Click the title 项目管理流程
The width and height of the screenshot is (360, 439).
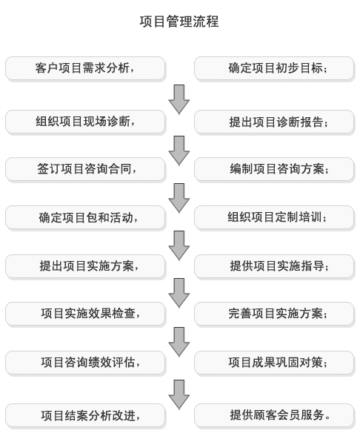(x=179, y=22)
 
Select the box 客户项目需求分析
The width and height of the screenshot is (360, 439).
(x=85, y=68)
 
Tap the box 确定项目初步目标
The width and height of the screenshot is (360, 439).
(x=274, y=68)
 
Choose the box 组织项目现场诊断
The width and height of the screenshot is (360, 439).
(x=85, y=122)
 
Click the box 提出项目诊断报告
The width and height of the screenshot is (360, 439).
(x=274, y=122)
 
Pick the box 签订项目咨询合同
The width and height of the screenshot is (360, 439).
(x=85, y=169)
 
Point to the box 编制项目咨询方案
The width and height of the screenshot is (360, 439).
(x=274, y=169)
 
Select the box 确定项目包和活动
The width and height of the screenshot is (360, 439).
(x=85, y=218)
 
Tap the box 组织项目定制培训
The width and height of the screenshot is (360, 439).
(x=274, y=218)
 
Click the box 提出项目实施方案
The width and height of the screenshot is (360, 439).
(x=85, y=266)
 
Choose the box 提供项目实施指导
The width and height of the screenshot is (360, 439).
(x=274, y=266)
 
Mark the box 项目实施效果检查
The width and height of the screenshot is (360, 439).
(x=85, y=314)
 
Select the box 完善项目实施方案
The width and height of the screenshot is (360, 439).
(x=274, y=314)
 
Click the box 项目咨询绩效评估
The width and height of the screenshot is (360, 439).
(x=85, y=363)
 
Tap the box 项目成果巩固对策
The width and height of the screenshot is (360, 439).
(x=274, y=363)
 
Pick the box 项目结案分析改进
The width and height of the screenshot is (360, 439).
(x=85, y=415)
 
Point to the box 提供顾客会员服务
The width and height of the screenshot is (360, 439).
(x=274, y=415)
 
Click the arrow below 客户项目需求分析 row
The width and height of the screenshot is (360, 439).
(x=179, y=99)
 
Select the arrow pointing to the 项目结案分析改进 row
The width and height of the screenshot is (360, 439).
(x=179, y=395)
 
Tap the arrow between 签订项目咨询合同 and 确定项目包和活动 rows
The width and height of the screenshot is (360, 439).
(x=179, y=198)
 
